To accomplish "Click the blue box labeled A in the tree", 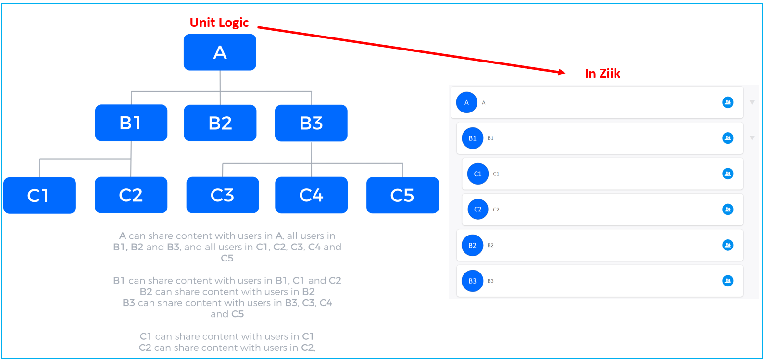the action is point(220,52).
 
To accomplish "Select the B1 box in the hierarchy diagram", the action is point(131,123).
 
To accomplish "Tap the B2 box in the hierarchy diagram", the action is point(220,123).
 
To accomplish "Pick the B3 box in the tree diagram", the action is point(311,123).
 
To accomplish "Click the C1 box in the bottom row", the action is point(39,196).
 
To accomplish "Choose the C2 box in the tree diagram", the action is point(131,195).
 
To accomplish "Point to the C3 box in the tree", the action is point(223,195).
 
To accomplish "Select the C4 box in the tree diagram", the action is point(312,195).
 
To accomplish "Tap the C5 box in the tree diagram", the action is point(402,195).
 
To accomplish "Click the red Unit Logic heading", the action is point(219,23).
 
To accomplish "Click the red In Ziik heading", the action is point(602,74).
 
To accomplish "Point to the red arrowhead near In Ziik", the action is point(562,73).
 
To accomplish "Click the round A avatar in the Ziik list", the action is point(466,102).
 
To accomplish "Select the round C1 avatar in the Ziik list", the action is point(477,174).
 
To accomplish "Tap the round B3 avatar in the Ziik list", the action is point(472,281).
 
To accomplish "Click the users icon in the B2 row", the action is point(728,245).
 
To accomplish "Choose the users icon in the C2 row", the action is point(728,209).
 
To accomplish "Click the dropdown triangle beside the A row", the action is point(752,102).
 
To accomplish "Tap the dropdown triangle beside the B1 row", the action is point(752,138).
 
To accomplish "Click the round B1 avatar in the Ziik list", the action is point(472,138).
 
